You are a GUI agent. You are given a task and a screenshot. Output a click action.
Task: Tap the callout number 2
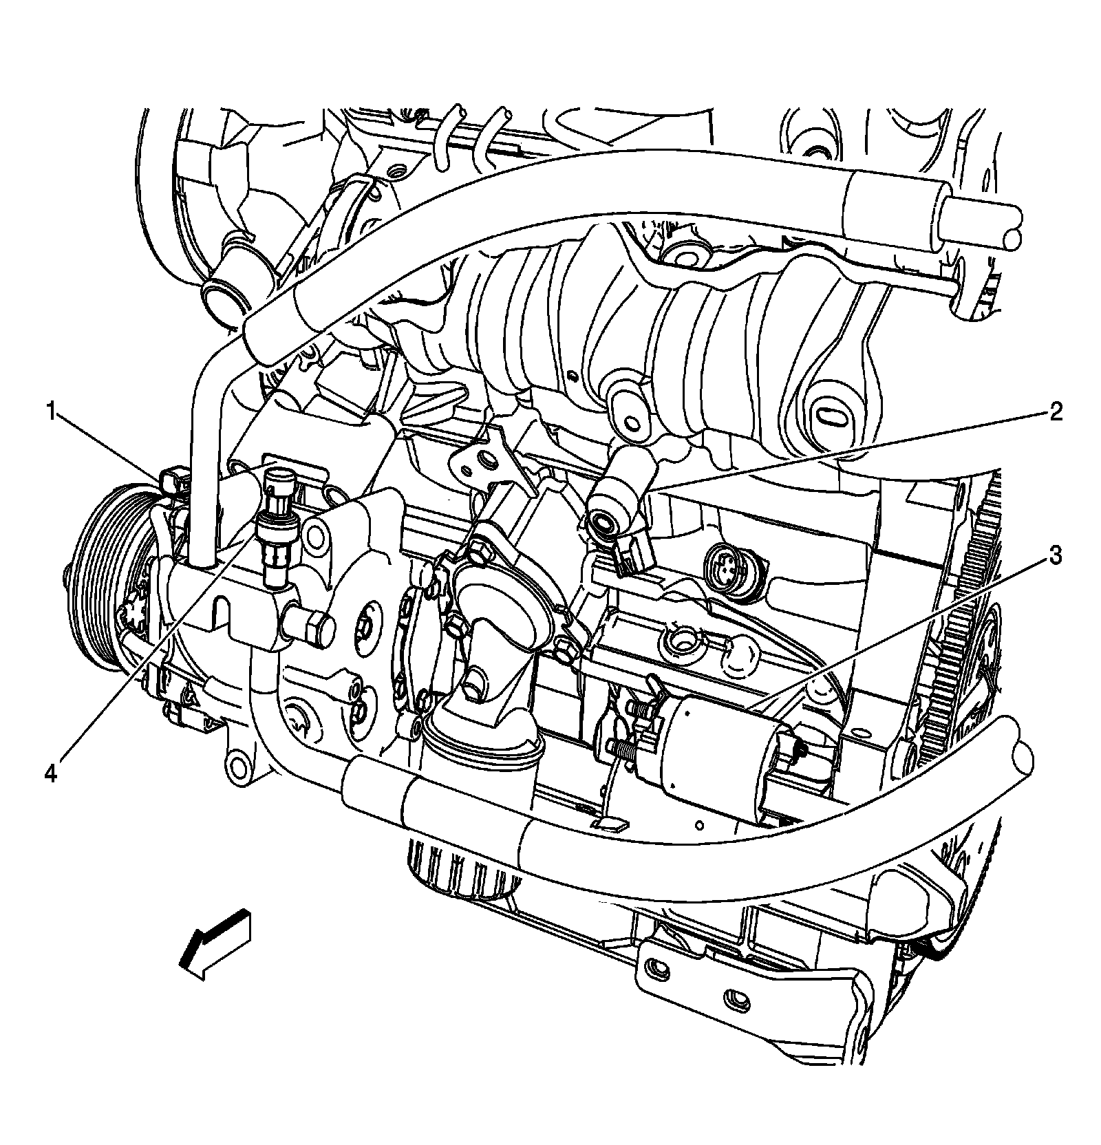[1055, 412]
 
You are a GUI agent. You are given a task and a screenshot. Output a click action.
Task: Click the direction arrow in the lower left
[215, 943]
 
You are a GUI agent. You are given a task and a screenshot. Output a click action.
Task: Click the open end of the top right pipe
[1012, 239]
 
